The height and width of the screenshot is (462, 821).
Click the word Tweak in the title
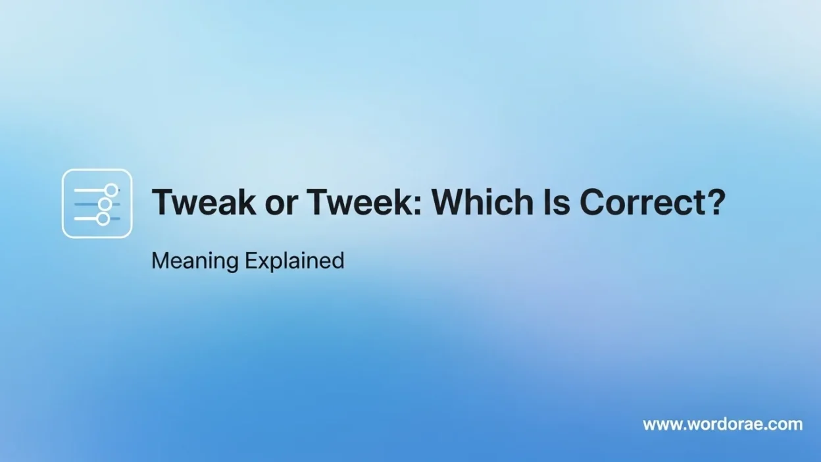point(204,201)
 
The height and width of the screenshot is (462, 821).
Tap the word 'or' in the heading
point(281,205)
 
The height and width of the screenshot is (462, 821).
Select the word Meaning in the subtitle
point(195,261)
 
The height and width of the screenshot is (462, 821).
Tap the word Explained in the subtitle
point(295,261)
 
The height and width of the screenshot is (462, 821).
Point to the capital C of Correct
point(592,201)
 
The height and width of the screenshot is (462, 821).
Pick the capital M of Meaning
point(160,261)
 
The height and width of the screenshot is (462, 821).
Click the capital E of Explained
point(251,261)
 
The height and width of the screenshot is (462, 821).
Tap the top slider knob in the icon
point(111,190)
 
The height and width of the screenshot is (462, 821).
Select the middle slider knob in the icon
point(105,204)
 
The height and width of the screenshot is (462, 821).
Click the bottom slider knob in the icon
point(103,219)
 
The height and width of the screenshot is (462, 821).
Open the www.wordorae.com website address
point(723,424)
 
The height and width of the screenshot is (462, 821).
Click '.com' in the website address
point(783,424)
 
